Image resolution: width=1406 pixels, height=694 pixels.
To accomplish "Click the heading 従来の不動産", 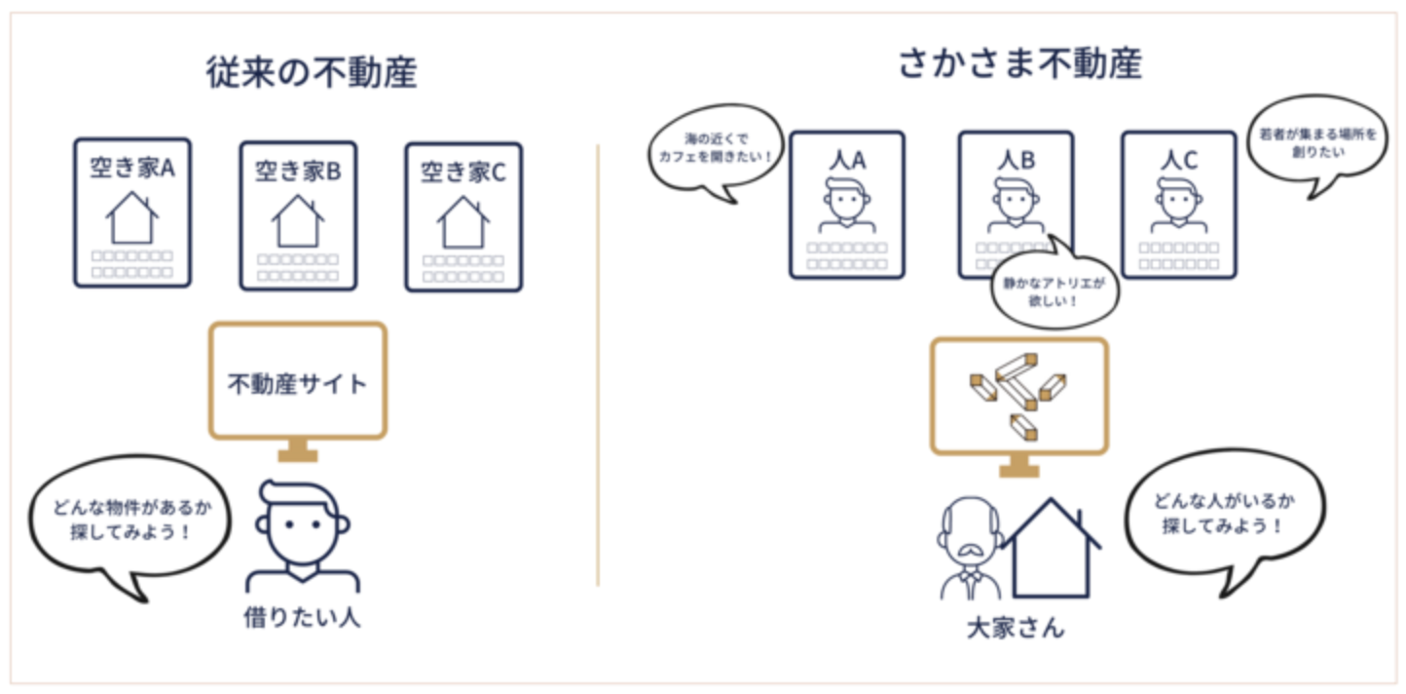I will (312, 73).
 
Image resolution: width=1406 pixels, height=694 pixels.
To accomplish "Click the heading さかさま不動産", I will (1019, 64).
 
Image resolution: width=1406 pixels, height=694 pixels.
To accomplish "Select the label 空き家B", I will (298, 172).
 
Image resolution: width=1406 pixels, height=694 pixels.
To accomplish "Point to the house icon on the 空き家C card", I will (463, 222).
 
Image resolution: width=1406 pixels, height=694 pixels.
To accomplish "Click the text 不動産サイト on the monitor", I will (298, 384).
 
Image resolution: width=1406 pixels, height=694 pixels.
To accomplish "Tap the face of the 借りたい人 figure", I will (298, 532).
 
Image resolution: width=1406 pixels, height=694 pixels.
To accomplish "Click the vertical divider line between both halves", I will (598, 366).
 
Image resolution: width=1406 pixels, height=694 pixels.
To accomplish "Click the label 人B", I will (1016, 159).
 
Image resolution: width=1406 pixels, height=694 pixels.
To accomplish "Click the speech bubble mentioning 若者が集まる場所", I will (1314, 146).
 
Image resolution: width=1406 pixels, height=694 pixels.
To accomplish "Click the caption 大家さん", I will (1016, 627).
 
